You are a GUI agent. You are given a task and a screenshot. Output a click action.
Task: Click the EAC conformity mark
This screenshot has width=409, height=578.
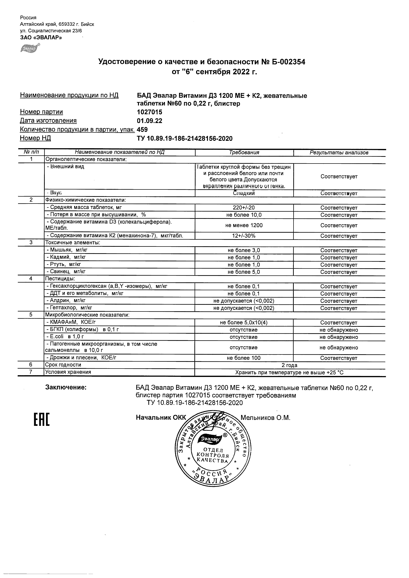42,420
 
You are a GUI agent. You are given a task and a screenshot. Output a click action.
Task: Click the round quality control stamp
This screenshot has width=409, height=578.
213,450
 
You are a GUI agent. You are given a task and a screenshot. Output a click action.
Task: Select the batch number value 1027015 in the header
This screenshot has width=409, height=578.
149,112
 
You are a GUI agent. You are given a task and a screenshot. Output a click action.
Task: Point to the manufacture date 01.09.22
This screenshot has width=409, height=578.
149,121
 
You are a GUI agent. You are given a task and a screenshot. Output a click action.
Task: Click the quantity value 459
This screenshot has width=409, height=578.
142,130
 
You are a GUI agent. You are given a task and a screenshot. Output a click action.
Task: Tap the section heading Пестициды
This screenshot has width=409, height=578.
60,279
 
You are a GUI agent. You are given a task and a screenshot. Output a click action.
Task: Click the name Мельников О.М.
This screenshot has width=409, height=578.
266,418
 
